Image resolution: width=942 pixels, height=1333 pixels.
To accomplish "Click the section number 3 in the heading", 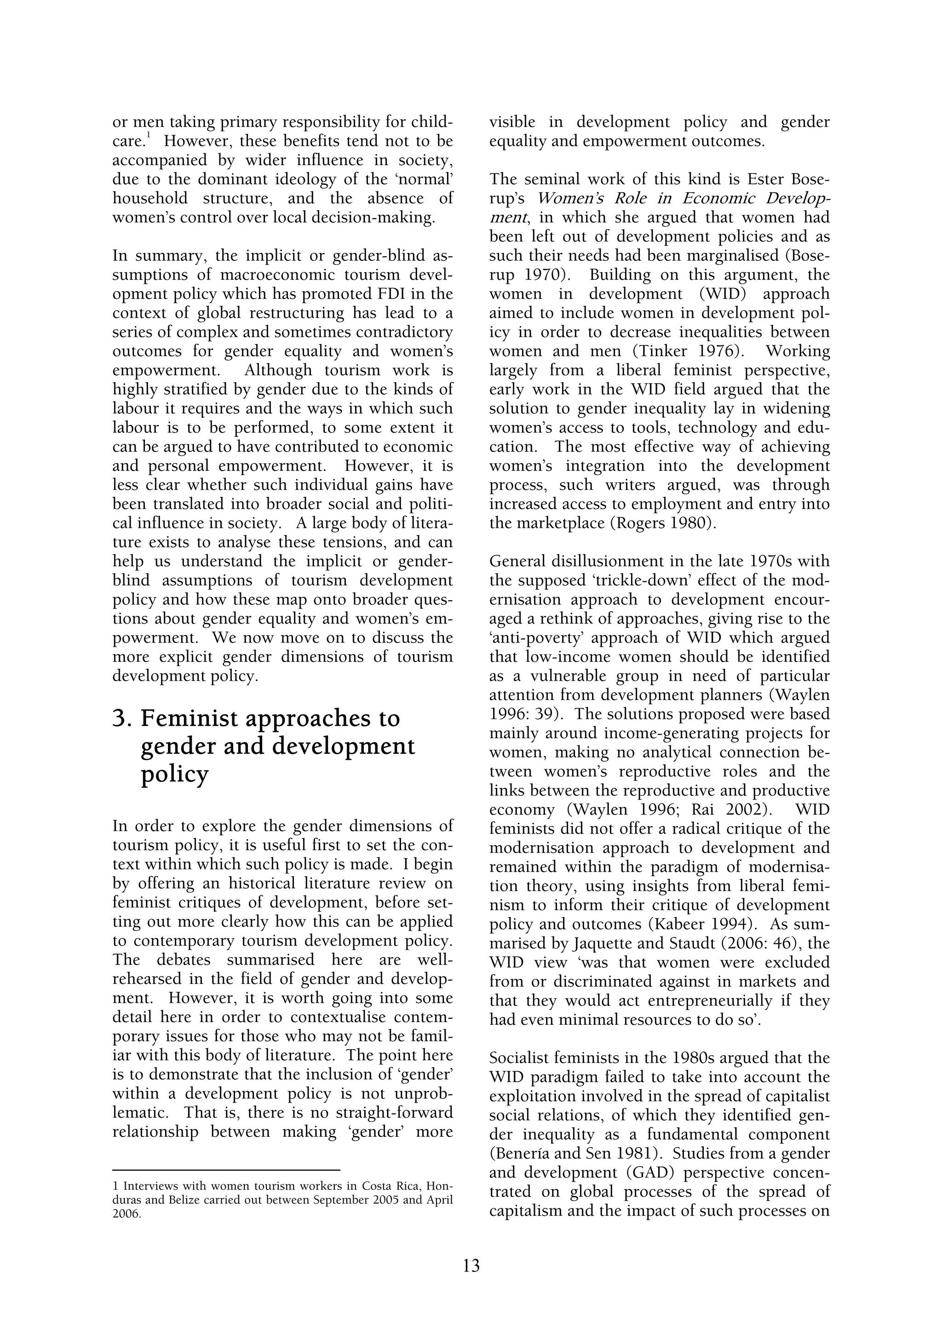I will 119,719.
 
